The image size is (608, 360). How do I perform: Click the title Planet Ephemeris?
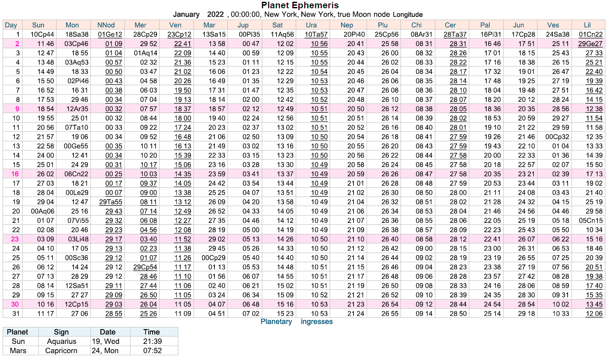[x=300, y=6]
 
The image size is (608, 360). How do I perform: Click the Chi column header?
[x=416, y=25]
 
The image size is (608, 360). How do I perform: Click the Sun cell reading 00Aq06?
[x=43, y=211]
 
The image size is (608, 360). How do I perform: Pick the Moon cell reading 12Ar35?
[x=77, y=109]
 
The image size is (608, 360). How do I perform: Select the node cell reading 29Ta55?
[x=110, y=202]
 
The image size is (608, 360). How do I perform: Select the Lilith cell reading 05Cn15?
[x=590, y=220]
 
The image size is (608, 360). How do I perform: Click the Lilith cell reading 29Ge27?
[x=590, y=43]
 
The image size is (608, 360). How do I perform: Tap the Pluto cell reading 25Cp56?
[x=386, y=34]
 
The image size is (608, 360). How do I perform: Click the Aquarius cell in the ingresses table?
[x=61, y=342]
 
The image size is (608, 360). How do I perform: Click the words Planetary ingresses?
[x=296, y=322]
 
